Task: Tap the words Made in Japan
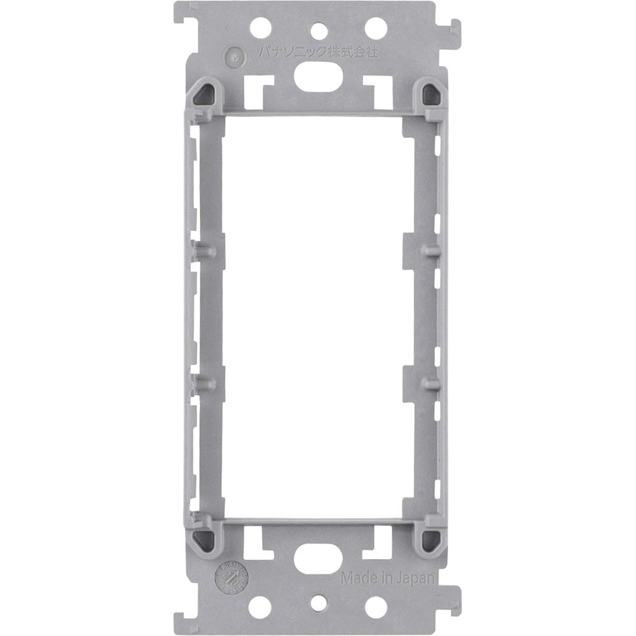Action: [x=387, y=578]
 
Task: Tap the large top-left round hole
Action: [x=260, y=27]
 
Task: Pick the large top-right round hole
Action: [x=376, y=27]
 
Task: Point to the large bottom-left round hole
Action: [x=259, y=606]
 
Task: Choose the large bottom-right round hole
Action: [x=376, y=606]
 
